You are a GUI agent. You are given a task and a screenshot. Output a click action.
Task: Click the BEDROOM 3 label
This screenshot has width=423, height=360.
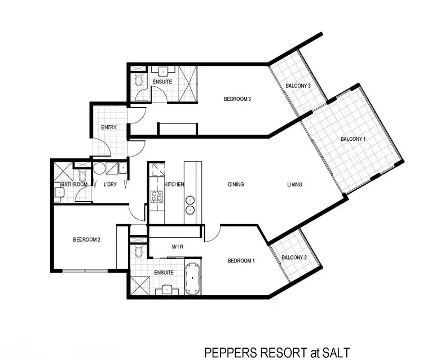pyautogui.click(x=237, y=99)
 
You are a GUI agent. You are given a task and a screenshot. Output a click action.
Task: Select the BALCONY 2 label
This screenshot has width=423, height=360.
pyautogui.click(x=293, y=257)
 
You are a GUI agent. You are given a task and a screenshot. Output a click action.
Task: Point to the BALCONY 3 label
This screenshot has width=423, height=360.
pyautogui.click(x=298, y=86)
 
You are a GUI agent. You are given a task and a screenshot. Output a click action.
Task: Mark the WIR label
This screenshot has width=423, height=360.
pyautogui.click(x=178, y=247)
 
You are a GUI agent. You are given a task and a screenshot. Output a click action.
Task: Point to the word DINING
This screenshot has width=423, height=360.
pyautogui.click(x=236, y=184)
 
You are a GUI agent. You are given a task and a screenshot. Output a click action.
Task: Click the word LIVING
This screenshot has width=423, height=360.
pyautogui.click(x=294, y=184)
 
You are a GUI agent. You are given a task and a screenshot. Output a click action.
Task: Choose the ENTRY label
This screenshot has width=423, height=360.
pyautogui.click(x=109, y=127)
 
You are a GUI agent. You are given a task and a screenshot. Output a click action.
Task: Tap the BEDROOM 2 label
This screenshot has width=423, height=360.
pyautogui.click(x=87, y=239)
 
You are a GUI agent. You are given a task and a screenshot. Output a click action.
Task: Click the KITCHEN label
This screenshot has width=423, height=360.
pyautogui.click(x=174, y=184)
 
